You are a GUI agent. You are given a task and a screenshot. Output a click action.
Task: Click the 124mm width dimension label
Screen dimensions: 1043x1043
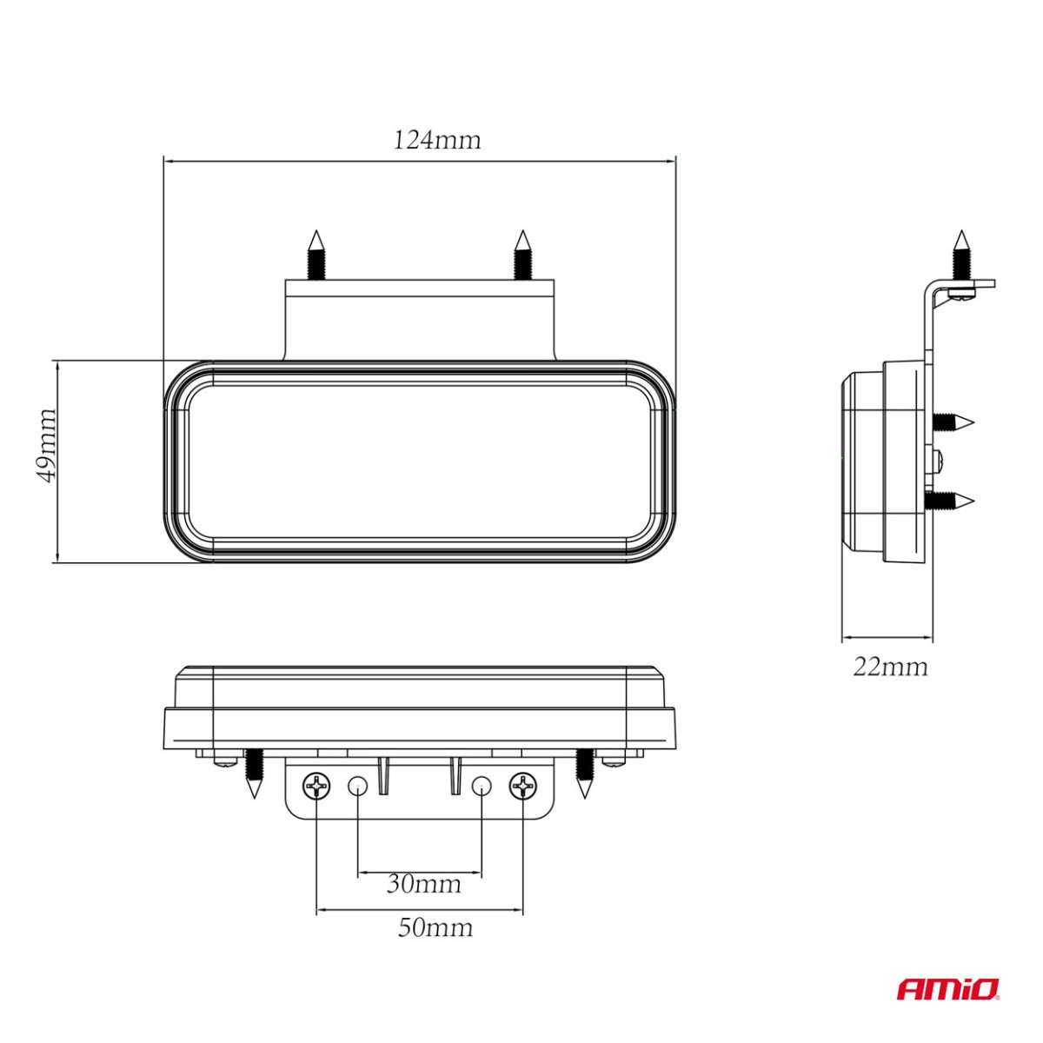pyautogui.click(x=437, y=140)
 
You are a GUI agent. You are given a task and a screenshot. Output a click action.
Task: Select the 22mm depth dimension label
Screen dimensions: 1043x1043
pyautogui.click(x=890, y=667)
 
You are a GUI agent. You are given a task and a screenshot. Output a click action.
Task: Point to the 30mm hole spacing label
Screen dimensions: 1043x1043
pyautogui.click(x=423, y=885)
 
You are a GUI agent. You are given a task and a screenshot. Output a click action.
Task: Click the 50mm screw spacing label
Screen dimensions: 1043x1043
pyautogui.click(x=435, y=928)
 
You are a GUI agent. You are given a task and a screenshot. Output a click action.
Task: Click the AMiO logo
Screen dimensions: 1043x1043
pyautogui.click(x=947, y=989)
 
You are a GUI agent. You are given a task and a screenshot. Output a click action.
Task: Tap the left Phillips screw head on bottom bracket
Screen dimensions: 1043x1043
pyautogui.click(x=316, y=787)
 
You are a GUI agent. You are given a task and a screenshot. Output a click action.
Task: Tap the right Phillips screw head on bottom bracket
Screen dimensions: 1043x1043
pyautogui.click(x=523, y=787)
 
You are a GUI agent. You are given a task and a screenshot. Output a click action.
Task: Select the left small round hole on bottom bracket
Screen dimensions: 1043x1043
pyautogui.click(x=356, y=787)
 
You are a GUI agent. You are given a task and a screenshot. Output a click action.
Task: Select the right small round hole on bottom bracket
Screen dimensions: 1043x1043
pyautogui.click(x=482, y=787)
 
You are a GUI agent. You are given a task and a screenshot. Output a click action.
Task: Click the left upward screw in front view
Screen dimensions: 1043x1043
pyautogui.click(x=316, y=254)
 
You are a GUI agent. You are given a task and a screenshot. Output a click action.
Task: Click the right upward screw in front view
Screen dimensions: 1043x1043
pyautogui.click(x=521, y=254)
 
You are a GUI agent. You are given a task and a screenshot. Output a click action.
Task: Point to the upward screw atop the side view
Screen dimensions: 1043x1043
pyautogui.click(x=960, y=254)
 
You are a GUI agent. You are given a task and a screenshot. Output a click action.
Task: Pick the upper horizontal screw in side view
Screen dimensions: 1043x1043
pyautogui.click(x=953, y=423)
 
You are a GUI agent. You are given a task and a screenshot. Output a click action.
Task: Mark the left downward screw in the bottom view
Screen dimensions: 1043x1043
pyautogui.click(x=253, y=772)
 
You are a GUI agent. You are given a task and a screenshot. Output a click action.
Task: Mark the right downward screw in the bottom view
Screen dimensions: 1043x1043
pyautogui.click(x=583, y=772)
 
